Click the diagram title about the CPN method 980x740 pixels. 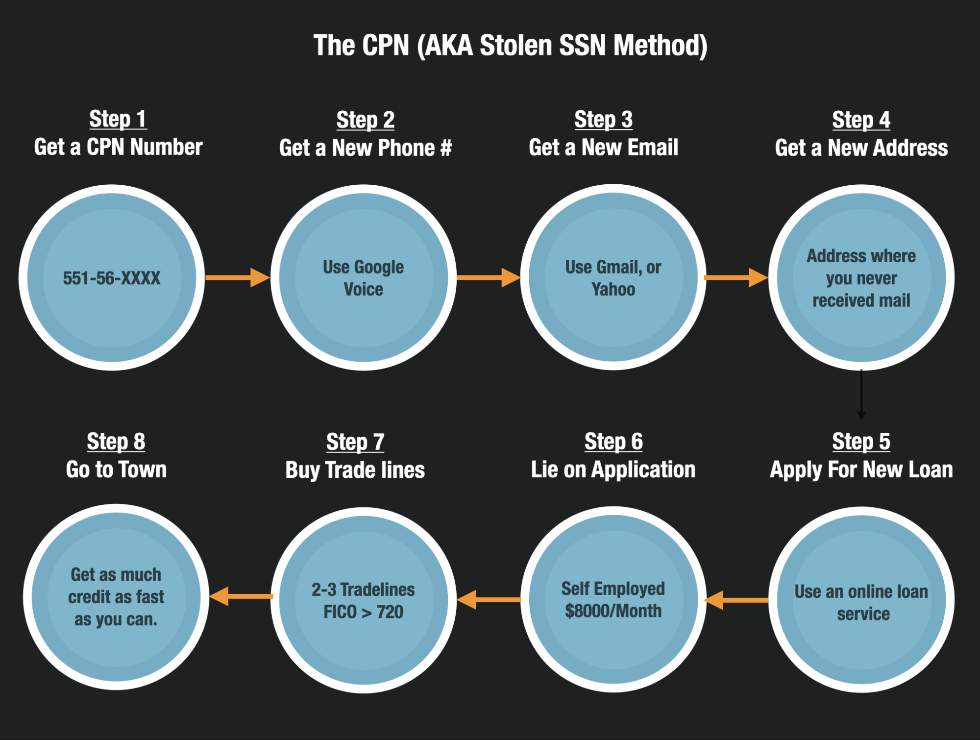510,46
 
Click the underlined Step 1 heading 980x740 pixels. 118,119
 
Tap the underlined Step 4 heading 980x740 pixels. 861,120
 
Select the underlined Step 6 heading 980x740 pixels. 613,442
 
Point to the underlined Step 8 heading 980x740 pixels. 116,442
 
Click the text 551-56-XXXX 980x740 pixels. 112,278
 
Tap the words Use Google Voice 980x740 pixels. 363,278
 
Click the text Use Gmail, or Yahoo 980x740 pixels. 613,278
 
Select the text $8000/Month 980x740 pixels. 613,611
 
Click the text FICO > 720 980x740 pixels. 363,612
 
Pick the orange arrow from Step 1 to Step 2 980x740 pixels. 237,277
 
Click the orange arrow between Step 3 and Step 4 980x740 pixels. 735,277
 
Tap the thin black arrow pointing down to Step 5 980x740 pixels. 861,395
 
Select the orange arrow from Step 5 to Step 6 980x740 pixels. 736,600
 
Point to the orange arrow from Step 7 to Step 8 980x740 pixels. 241,596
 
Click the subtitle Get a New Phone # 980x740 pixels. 365,148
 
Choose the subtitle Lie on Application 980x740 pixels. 613,469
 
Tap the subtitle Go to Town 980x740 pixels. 116,469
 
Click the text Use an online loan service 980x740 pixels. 861,602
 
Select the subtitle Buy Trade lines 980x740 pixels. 355,470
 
